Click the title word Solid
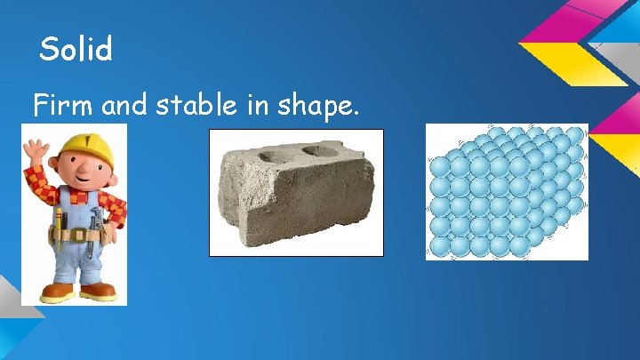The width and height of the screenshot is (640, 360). point(76,50)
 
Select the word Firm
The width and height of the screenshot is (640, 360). point(65,107)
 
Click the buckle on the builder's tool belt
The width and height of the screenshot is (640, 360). point(77,236)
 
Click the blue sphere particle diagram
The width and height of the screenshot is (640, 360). point(507,191)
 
